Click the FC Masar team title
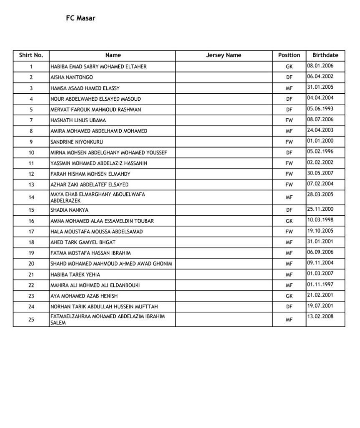point(80,18)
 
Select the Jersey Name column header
point(223,55)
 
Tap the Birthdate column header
point(325,55)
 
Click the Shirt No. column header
point(31,55)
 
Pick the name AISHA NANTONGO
point(71,77)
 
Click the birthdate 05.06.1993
point(320,109)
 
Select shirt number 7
point(31,120)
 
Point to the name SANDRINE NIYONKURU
point(77,142)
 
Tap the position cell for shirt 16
point(289,221)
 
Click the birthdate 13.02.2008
point(320,316)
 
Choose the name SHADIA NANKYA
point(69,210)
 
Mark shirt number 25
point(31,320)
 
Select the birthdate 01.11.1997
point(320,284)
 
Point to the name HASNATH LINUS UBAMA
point(78,120)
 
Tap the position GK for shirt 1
point(289,67)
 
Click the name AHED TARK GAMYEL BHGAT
point(83,242)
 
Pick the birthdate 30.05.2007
point(320,173)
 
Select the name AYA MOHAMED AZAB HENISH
point(85,296)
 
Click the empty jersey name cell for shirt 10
point(223,153)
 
